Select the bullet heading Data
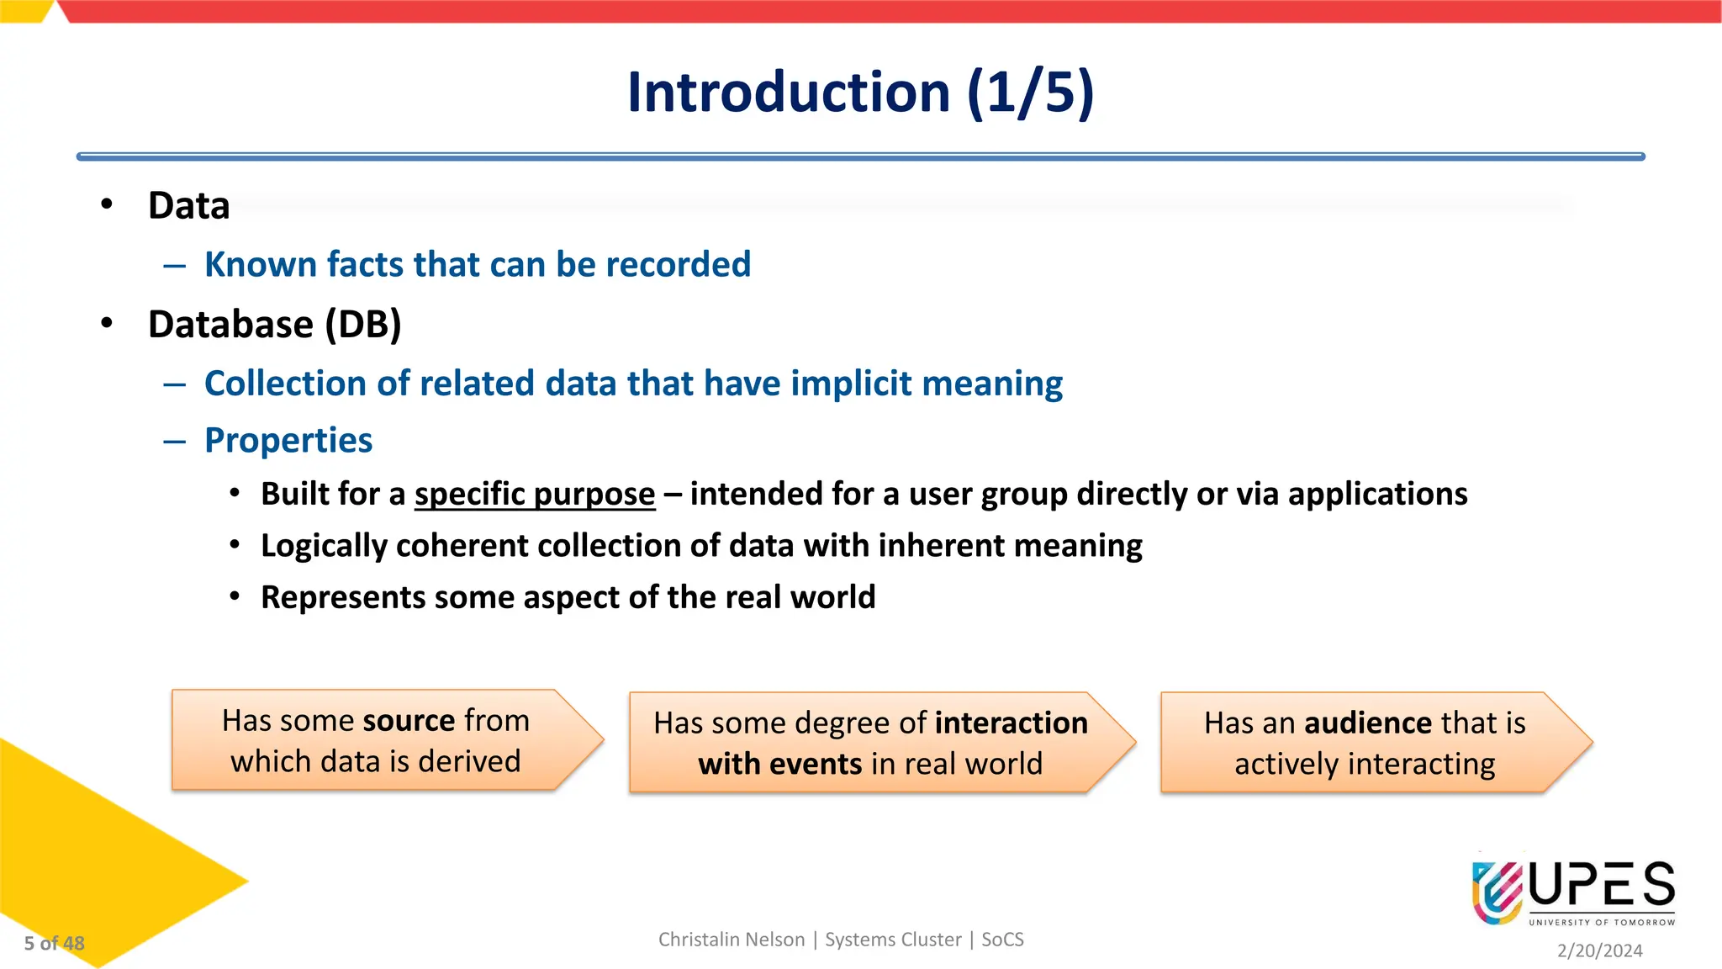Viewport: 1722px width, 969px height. tap(188, 206)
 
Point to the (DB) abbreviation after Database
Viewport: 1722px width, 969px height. tap(363, 325)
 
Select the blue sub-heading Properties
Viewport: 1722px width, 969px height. tap(288, 441)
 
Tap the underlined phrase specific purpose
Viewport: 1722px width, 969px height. tap(534, 495)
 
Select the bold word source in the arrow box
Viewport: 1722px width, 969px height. tap(409, 721)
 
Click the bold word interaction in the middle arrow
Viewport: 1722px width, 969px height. tap(1011, 723)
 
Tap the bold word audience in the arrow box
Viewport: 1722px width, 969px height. tap(1368, 723)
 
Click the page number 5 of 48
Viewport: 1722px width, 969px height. tap(54, 944)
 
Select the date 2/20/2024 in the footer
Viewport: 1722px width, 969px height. tap(1599, 950)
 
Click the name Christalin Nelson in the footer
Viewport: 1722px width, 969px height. tap(731, 940)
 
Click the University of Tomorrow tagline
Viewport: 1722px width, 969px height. tap(1601, 923)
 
